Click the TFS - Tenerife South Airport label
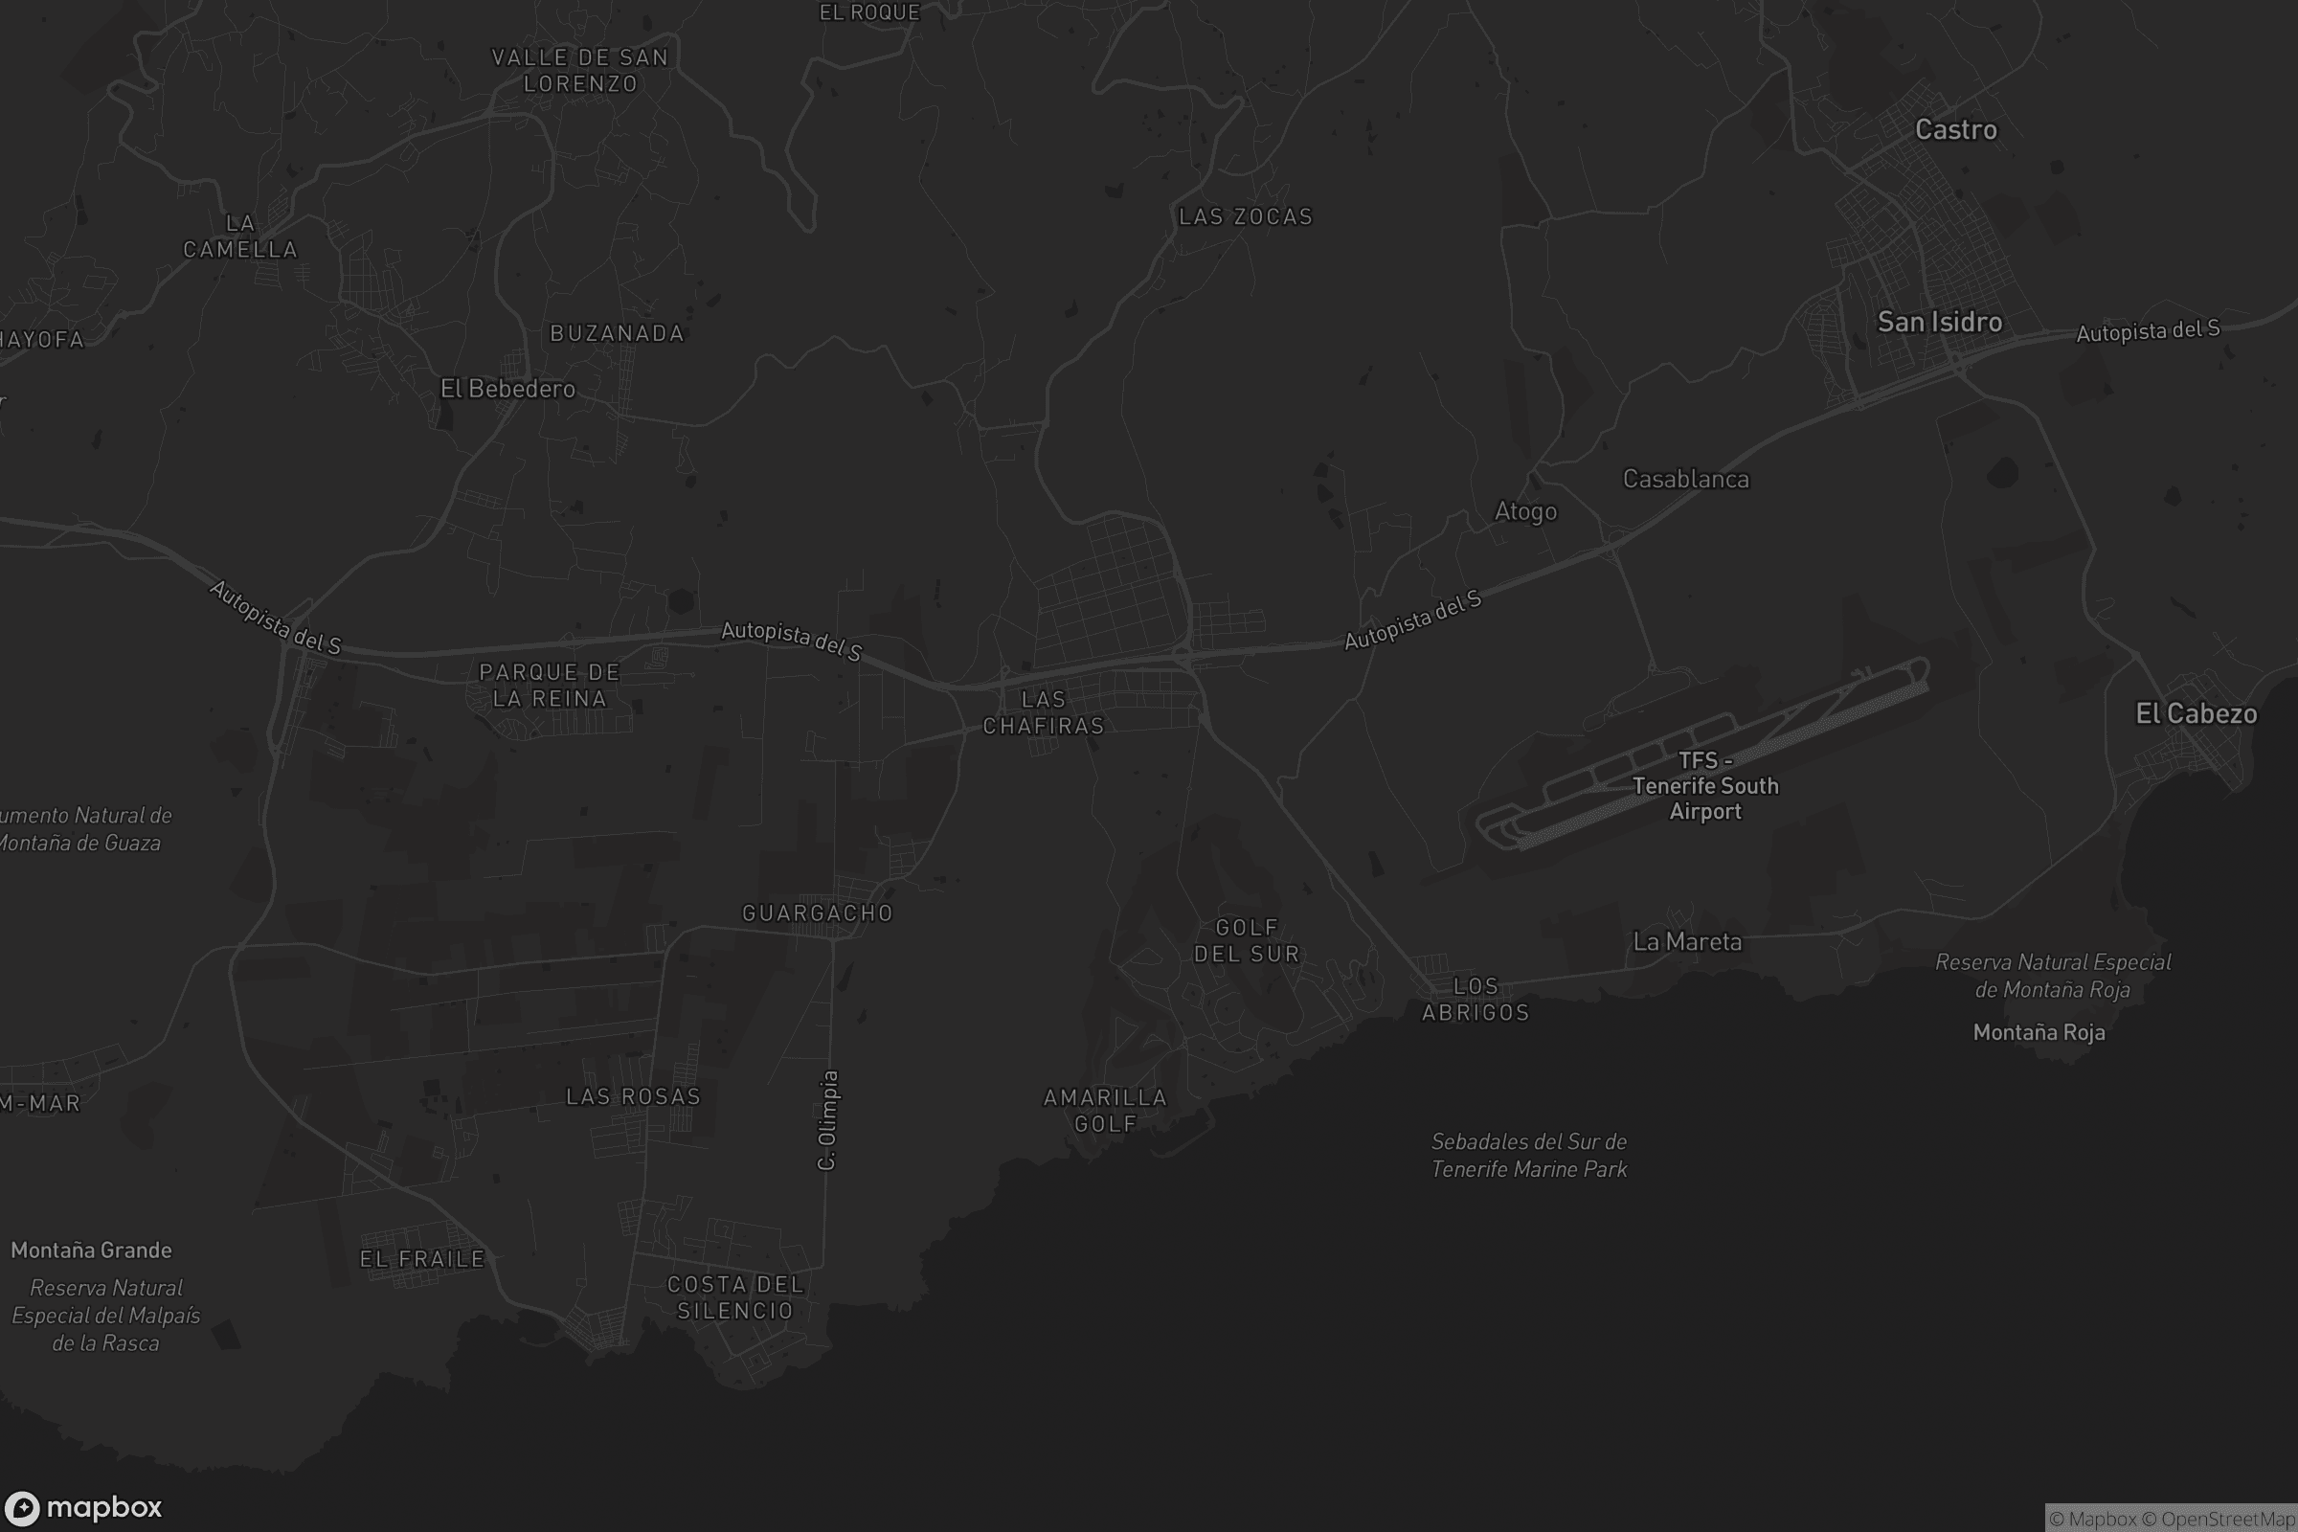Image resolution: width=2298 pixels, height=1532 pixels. tap(1705, 785)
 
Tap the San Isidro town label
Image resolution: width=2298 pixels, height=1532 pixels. tap(1940, 323)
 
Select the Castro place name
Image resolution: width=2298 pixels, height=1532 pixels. tap(1955, 130)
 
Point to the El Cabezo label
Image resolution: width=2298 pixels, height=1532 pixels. tap(2196, 714)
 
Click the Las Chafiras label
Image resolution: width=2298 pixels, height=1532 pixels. tap(1043, 712)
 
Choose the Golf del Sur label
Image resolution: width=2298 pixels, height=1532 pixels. tap(1247, 940)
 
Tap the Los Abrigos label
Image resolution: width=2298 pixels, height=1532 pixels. tap(1476, 999)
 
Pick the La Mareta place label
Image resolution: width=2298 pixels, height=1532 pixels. tap(1687, 942)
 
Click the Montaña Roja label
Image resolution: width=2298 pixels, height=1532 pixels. tap(2039, 1032)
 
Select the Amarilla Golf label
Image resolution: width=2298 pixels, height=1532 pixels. tap(1105, 1110)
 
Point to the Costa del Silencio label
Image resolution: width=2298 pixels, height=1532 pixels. tap(735, 1296)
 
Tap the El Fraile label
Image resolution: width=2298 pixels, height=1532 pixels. tap(422, 1258)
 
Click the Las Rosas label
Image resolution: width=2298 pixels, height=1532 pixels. tap(633, 1096)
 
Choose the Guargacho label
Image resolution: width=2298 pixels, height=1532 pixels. tap(817, 912)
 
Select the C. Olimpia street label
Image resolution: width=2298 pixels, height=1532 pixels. tap(827, 1119)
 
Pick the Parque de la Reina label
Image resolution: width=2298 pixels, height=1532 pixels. tap(549, 685)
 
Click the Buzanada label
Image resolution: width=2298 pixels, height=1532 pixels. tap(617, 333)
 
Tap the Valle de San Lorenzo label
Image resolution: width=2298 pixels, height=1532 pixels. tap(580, 70)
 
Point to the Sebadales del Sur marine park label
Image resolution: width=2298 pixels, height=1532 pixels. tap(1529, 1155)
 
